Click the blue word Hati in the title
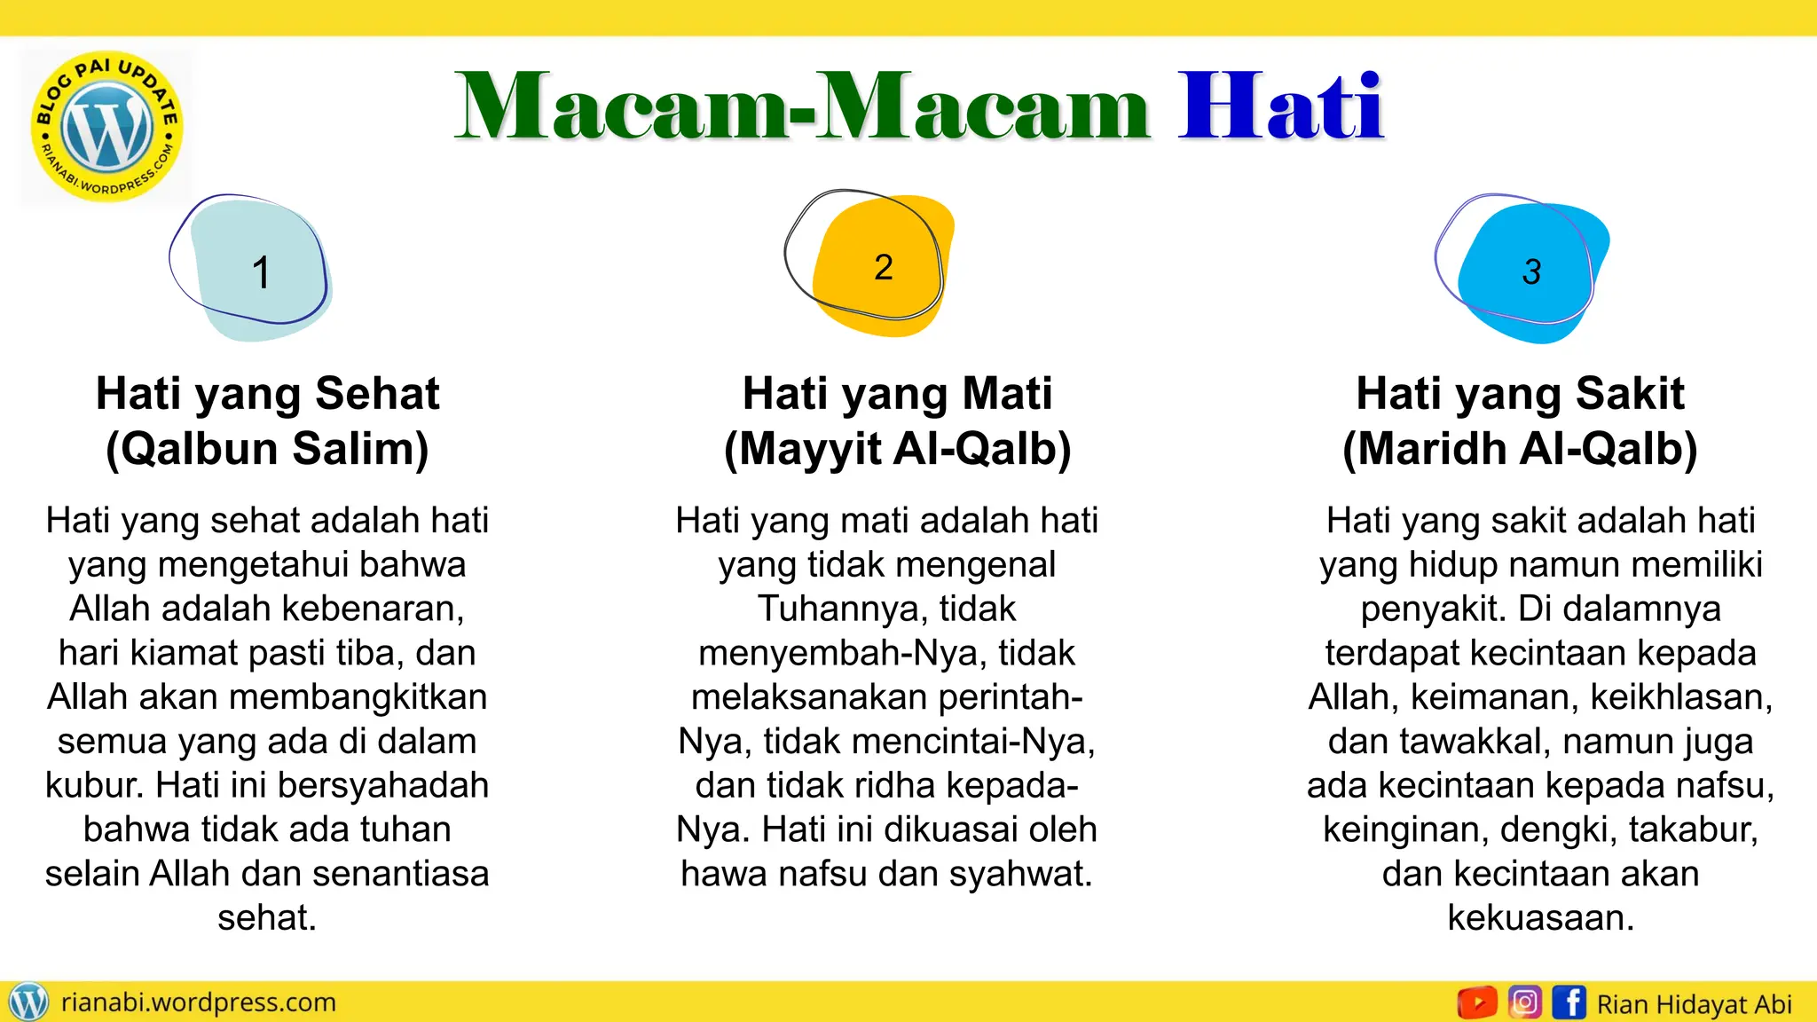(1280, 108)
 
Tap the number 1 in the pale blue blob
(260, 272)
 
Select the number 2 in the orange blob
(883, 267)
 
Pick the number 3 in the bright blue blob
(1531, 271)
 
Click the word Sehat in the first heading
(377, 393)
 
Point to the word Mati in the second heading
(1007, 393)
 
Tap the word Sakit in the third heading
(1629, 393)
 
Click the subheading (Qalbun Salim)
(267, 448)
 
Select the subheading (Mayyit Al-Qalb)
(897, 448)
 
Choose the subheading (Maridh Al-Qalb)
(1520, 448)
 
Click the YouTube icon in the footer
(1477, 1002)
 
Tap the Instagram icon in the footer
(1524, 1002)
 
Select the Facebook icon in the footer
(1569, 1002)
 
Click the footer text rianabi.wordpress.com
(198, 1002)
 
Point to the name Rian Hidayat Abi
(1694, 1004)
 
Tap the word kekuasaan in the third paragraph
(1540, 917)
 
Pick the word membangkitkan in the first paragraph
(358, 696)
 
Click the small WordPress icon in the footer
(28, 1002)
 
